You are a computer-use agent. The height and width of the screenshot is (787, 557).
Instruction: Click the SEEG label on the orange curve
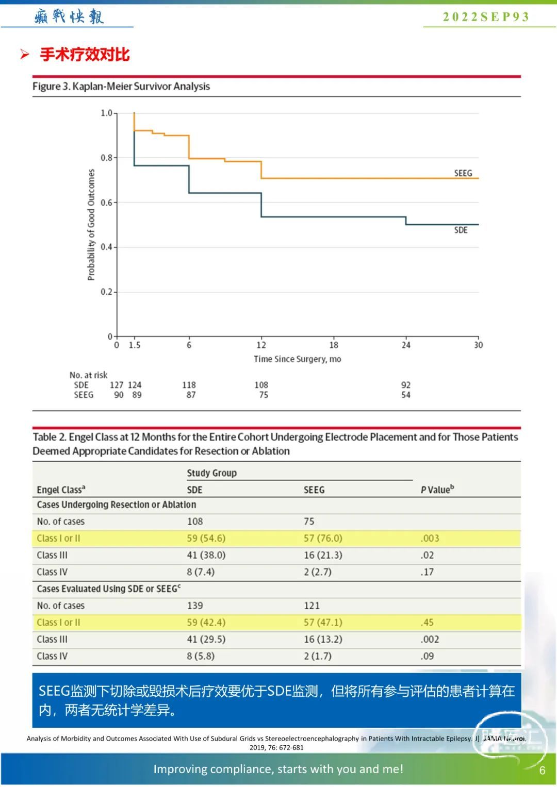point(463,173)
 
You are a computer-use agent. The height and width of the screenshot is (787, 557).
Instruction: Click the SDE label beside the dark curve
point(461,230)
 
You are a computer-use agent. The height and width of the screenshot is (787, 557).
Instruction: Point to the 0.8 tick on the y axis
point(107,158)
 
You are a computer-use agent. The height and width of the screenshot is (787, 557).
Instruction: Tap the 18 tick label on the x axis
point(334,345)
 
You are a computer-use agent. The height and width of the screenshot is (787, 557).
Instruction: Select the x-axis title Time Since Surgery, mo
point(297,359)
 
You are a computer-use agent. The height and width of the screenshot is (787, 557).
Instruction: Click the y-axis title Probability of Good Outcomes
point(91,225)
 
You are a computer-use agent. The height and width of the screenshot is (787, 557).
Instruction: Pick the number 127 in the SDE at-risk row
point(117,385)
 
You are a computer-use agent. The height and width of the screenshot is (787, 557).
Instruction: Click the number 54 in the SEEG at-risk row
point(406,395)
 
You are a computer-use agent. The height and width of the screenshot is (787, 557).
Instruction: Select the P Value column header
point(437,489)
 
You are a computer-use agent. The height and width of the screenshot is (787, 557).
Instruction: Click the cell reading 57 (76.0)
point(323,538)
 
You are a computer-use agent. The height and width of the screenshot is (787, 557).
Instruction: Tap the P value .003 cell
point(430,538)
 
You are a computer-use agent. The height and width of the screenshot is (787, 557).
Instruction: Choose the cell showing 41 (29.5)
point(206,639)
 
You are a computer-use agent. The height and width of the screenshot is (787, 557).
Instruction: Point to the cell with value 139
point(195,606)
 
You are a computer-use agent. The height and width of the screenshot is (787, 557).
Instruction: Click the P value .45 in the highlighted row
point(427,622)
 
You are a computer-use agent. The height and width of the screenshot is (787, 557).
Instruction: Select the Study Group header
point(211,473)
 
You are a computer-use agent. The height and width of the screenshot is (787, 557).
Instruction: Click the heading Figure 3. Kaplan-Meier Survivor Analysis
point(121,86)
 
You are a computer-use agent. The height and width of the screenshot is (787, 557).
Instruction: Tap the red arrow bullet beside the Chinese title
point(24,54)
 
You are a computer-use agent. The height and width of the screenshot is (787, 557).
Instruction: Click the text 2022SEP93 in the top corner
point(486,16)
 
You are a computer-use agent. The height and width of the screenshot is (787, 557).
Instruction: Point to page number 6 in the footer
point(542,771)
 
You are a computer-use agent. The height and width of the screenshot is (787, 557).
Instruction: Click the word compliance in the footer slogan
point(242,769)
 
